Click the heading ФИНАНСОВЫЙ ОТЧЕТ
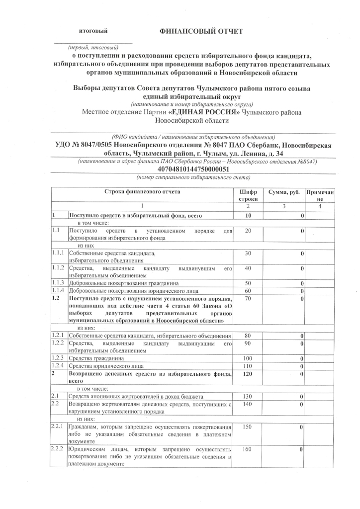[201, 32]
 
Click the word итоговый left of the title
[93, 32]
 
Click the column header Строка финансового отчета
[142, 191]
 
